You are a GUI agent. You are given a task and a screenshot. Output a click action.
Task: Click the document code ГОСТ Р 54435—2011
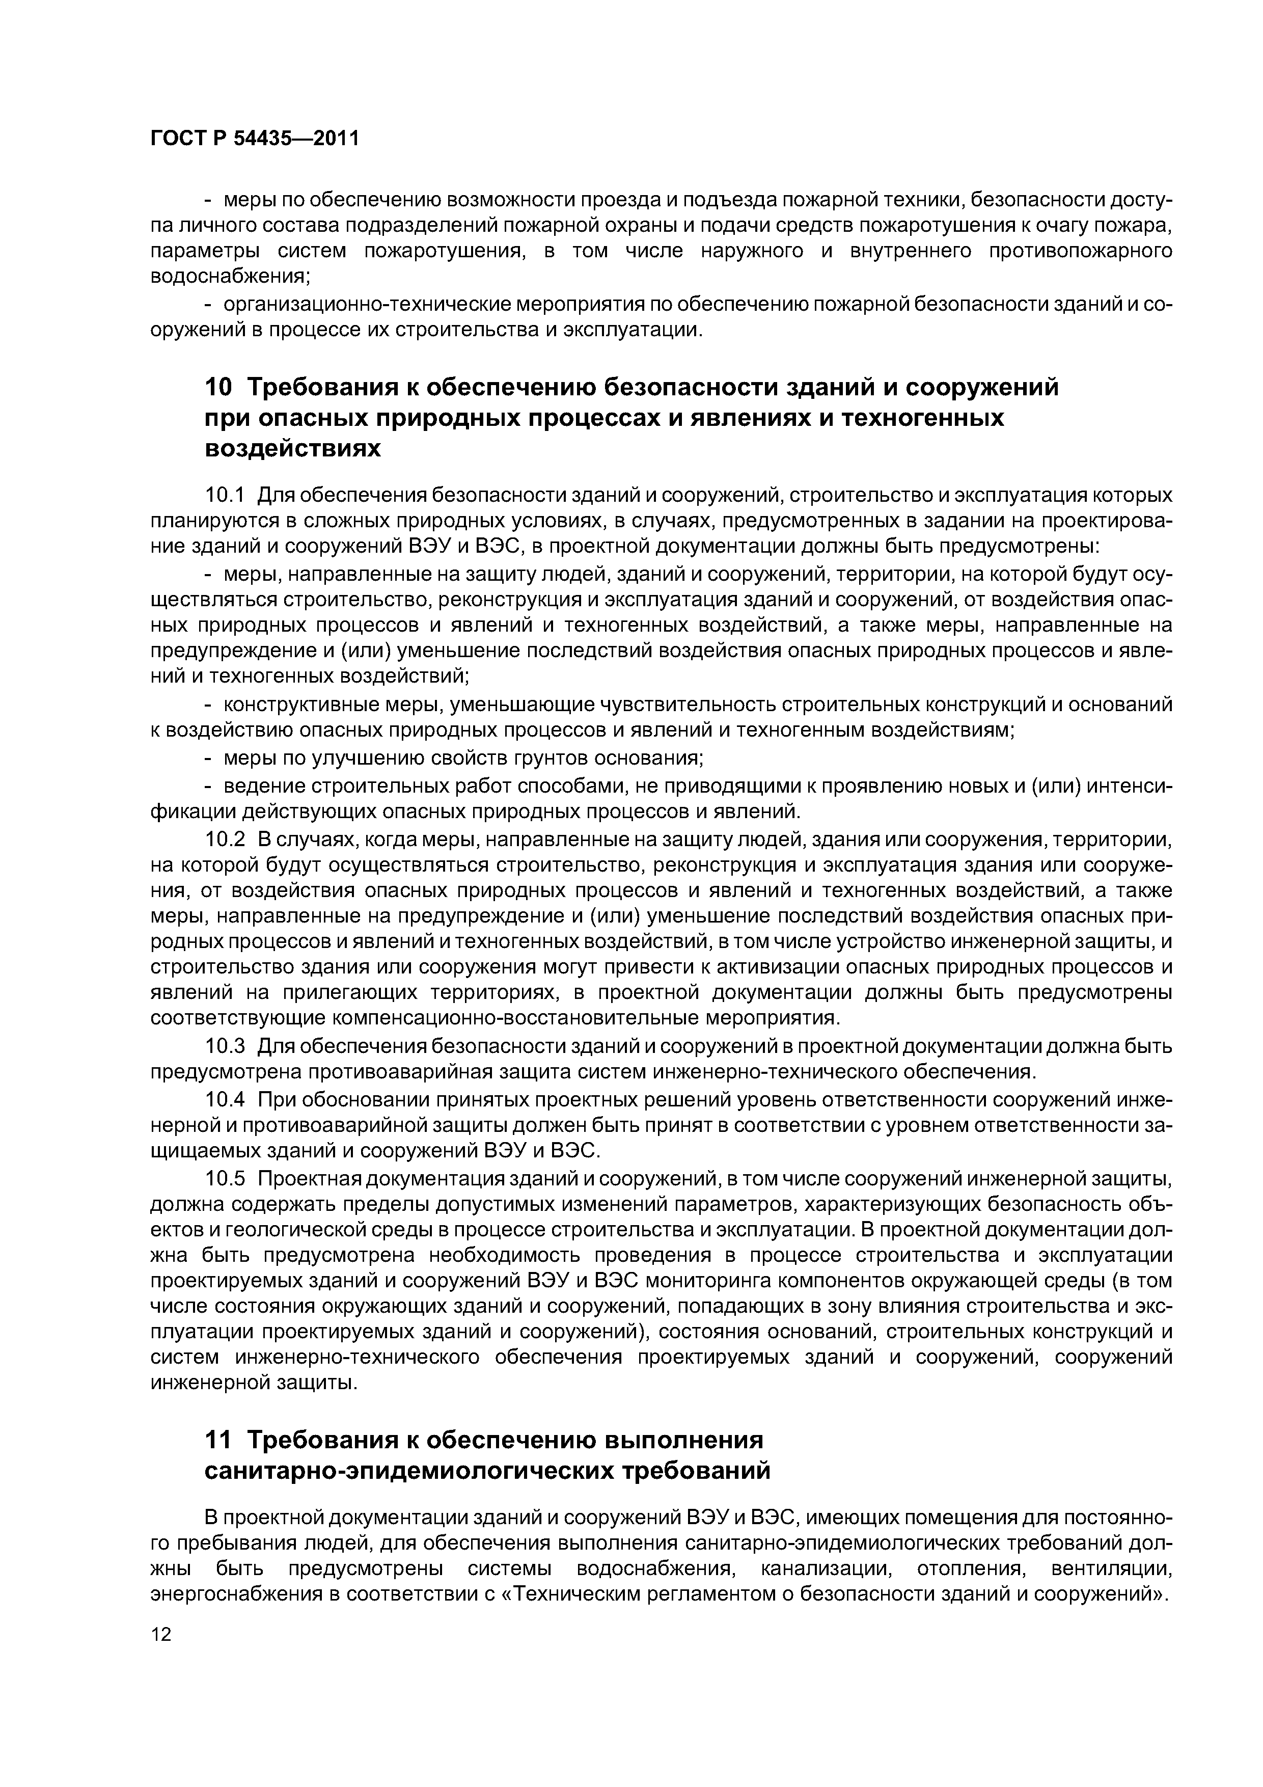(x=254, y=139)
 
